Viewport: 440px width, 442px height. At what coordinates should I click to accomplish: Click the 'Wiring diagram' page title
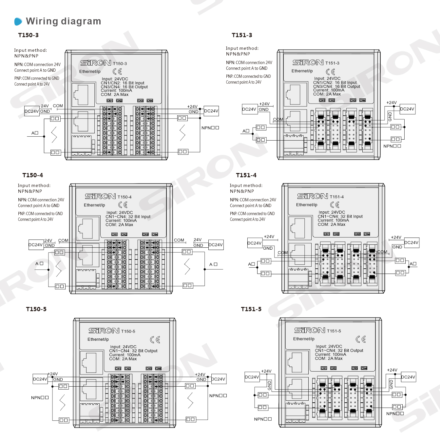pos(63,21)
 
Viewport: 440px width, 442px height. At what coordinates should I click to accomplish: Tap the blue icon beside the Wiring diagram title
pos(18,22)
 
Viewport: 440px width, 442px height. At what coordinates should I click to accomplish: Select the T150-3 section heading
pos(29,35)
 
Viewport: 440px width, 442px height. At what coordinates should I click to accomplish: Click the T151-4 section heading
pos(246,175)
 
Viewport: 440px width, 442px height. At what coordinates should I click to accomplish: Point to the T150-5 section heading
pos(36,309)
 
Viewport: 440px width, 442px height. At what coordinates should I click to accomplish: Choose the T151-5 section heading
pos(251,309)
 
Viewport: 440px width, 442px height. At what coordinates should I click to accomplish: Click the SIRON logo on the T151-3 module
pos(308,63)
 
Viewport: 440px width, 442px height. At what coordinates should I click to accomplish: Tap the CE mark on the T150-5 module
pos(155,340)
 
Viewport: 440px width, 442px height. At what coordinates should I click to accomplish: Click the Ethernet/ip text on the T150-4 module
pos(94,205)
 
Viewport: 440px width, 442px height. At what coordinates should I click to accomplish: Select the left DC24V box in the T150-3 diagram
pos(32,111)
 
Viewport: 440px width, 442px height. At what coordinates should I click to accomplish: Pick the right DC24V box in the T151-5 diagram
pos(408,377)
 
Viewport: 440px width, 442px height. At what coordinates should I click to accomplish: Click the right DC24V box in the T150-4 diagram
pos(216,245)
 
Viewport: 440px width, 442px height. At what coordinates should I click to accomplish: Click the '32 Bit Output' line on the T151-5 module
pos(339,350)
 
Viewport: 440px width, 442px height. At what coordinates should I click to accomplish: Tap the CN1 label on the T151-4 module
pos(327,234)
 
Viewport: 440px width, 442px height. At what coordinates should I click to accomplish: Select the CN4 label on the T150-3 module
pos(150,101)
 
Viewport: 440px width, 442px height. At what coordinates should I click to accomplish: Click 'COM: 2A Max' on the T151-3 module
pos(327,94)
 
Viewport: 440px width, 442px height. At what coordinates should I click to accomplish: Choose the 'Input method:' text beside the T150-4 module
pos(34,185)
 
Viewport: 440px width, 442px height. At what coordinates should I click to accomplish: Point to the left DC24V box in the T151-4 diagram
pos(255,243)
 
